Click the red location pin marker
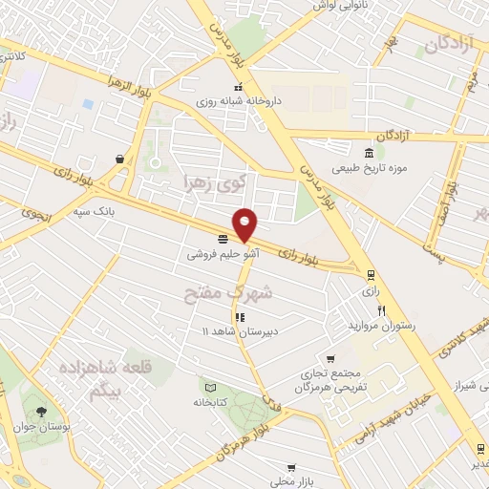tap(245, 223)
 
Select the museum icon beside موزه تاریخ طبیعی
tap(370, 154)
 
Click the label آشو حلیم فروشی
tap(223, 255)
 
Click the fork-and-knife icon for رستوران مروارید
tap(382, 309)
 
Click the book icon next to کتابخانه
tap(210, 387)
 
